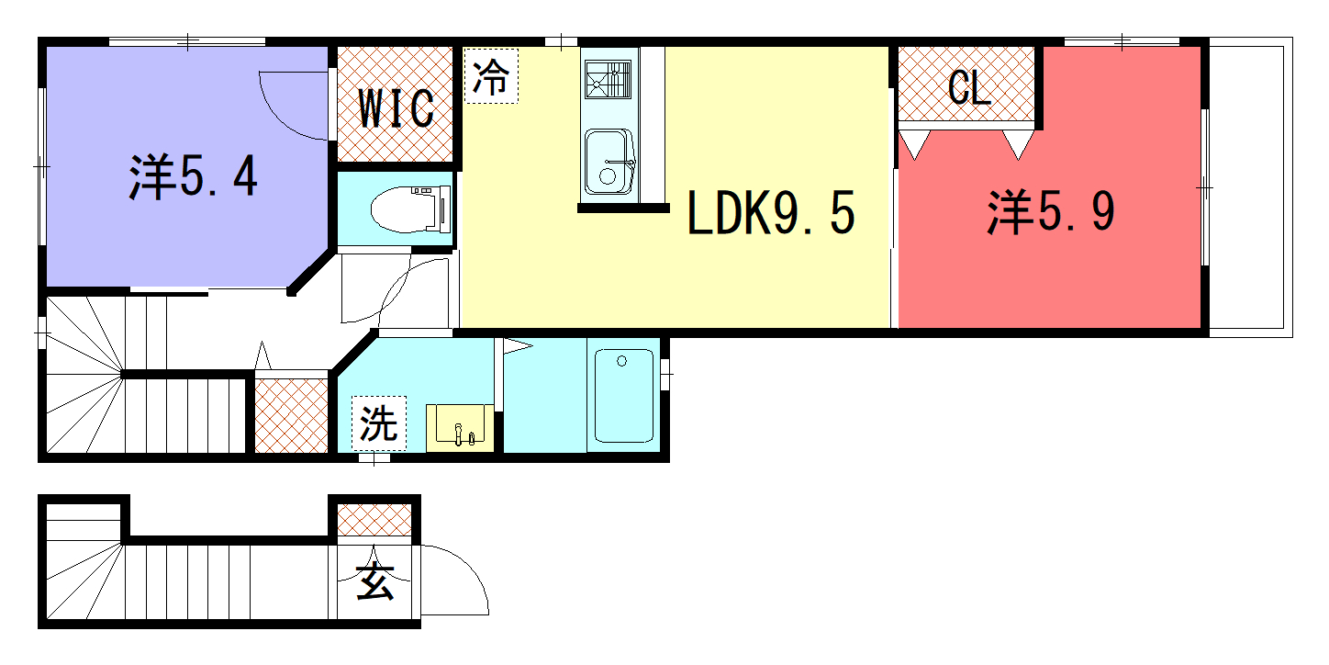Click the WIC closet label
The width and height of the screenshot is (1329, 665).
396,108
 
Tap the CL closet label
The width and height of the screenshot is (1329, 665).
969,88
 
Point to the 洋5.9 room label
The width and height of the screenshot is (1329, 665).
1051,212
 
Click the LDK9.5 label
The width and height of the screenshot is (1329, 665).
771,212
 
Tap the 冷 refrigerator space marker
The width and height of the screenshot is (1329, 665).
491,76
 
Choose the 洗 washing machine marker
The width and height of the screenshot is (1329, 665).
379,423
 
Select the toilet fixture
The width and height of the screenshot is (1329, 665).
410,209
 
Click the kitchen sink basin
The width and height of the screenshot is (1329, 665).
609,162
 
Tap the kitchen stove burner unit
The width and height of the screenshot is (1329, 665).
609,79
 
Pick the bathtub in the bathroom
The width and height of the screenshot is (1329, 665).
623,396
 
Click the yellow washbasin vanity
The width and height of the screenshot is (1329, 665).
460,428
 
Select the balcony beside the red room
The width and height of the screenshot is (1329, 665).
1251,187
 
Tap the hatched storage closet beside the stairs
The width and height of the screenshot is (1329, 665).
291,415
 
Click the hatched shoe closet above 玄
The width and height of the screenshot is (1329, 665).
374,520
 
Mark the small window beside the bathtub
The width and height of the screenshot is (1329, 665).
665,375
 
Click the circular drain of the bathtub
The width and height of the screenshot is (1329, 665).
621,361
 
